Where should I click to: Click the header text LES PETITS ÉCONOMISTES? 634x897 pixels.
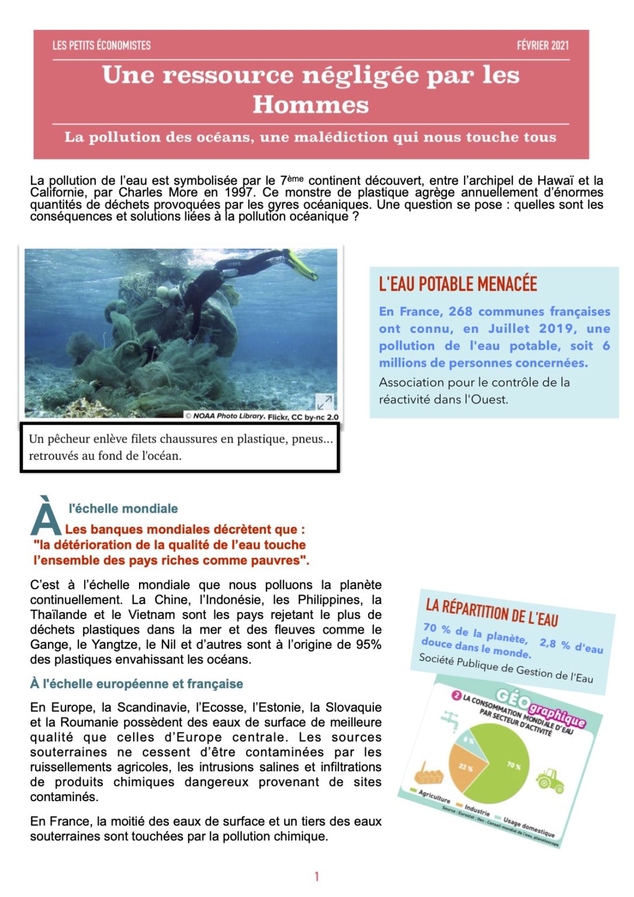point(101,46)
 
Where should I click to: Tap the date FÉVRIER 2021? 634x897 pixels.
point(542,46)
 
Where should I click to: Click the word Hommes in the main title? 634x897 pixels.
point(310,105)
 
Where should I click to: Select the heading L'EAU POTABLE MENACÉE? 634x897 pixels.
point(458,284)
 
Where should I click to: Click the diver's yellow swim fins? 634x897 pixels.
point(301,265)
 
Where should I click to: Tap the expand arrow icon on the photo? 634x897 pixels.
point(324,401)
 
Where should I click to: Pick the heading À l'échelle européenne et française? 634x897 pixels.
point(136,684)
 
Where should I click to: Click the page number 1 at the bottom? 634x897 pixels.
point(317,876)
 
